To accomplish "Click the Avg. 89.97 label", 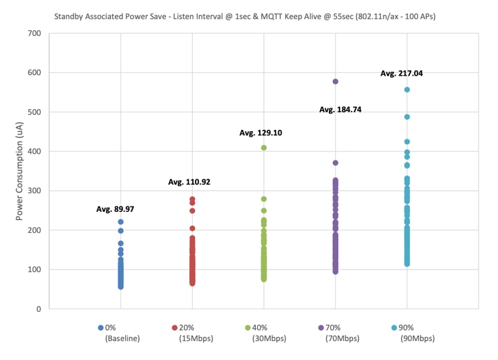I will click(115, 209).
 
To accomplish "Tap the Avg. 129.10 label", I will click(261, 133).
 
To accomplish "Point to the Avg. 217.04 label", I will click(402, 73).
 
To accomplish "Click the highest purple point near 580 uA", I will click(335, 81).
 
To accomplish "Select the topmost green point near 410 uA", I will click(264, 148).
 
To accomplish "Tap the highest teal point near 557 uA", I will click(407, 89).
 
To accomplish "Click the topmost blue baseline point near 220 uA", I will click(120, 222).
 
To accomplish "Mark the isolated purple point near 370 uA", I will click(335, 163).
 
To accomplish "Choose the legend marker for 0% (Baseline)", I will click(101, 328).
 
